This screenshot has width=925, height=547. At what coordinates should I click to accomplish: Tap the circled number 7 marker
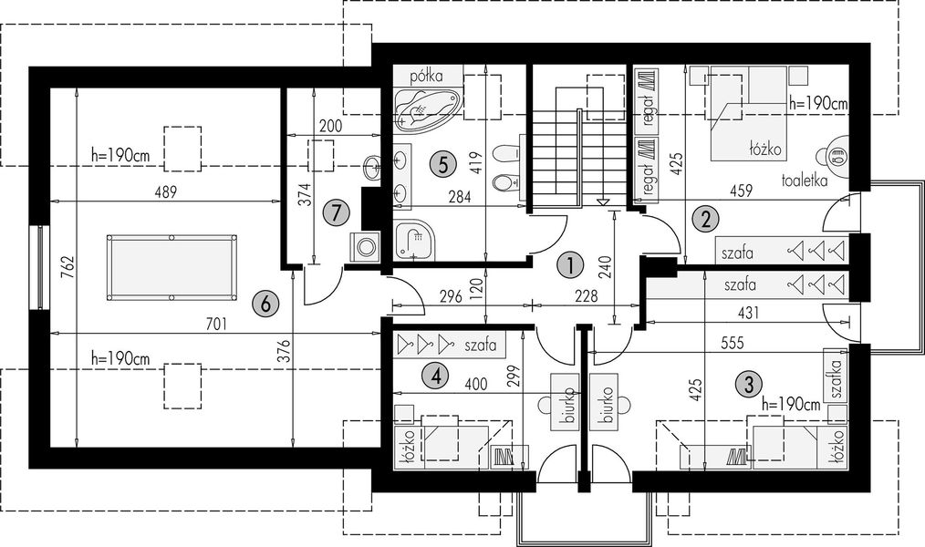tap(337, 212)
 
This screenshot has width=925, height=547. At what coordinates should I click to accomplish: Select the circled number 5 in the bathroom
tap(442, 164)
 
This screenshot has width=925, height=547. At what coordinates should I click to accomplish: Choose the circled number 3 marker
tap(749, 385)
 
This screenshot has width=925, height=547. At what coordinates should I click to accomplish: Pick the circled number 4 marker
tap(436, 376)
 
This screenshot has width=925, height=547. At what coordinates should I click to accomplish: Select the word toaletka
tap(804, 181)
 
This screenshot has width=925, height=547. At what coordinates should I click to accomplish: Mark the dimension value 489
tap(164, 192)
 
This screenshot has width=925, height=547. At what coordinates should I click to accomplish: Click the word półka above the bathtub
tap(427, 76)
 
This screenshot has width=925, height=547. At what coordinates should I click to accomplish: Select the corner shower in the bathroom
tap(415, 240)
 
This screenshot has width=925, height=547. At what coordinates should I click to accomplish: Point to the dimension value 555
tap(731, 343)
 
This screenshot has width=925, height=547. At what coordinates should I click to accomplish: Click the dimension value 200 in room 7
tap(331, 126)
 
